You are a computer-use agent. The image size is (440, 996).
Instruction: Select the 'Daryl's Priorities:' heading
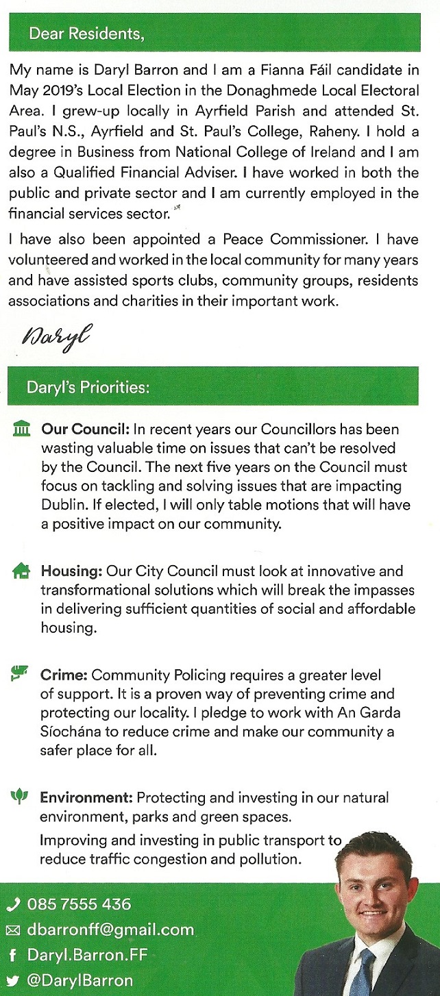(x=88, y=387)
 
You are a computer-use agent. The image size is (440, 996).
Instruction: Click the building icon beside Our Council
(x=22, y=430)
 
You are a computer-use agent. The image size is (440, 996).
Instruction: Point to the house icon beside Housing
(x=22, y=571)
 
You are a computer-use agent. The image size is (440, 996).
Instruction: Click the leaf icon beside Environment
(x=20, y=797)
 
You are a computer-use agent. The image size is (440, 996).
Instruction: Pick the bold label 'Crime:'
(x=64, y=675)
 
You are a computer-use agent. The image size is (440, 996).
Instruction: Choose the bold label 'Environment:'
(x=86, y=798)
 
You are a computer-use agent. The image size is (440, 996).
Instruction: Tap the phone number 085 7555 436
(x=78, y=904)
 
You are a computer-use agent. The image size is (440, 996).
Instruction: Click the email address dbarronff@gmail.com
(x=110, y=930)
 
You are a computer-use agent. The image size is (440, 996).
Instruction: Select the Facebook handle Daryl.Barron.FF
(x=87, y=955)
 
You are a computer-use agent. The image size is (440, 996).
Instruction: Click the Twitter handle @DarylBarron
(x=80, y=980)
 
